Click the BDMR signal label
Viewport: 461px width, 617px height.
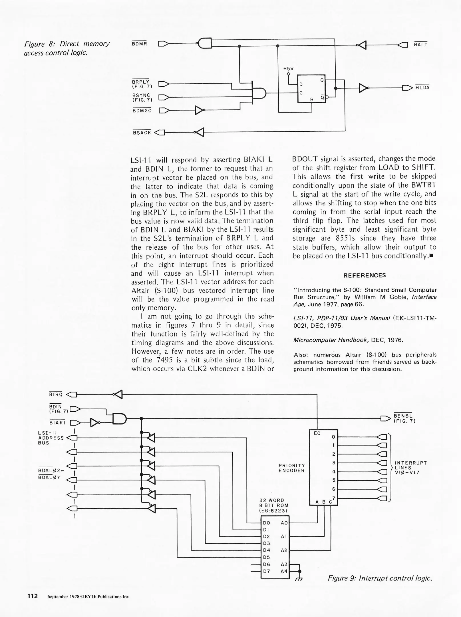tap(139, 44)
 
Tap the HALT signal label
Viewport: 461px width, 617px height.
tap(420, 45)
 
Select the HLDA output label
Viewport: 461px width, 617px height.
tap(422, 88)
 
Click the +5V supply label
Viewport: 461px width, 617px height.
tap(288, 69)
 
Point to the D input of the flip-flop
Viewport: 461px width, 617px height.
tap(301, 85)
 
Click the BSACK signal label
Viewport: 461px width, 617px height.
tap(142, 133)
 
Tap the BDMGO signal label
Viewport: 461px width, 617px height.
tap(142, 111)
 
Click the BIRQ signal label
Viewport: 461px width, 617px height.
tap(56, 395)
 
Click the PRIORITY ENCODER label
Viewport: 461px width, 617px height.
tap(291, 468)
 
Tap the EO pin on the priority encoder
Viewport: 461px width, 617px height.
tap(317, 433)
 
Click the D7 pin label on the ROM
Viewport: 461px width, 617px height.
tap(267, 571)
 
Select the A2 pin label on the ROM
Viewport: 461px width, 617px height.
tap(284, 550)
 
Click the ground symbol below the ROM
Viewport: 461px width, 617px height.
tap(299, 578)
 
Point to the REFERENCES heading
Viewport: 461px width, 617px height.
tap(365, 275)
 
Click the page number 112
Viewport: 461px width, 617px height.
tap(33, 596)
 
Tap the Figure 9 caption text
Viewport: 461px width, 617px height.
tap(380, 578)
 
